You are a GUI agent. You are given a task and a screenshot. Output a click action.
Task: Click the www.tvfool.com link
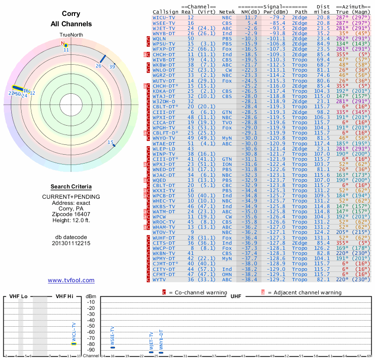click(x=71, y=280)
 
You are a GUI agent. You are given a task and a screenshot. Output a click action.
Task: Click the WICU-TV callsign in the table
click(x=164, y=17)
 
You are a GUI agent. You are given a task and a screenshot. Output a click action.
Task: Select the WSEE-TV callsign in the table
click(x=164, y=22)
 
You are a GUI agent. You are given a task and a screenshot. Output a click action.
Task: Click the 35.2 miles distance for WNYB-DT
click(x=323, y=34)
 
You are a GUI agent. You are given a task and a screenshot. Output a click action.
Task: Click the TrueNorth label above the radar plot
click(x=71, y=35)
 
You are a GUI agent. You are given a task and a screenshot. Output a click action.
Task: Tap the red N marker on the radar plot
click(x=63, y=43)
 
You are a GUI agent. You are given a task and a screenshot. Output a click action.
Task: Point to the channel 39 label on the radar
click(x=112, y=67)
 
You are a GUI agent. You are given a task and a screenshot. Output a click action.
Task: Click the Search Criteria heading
click(x=71, y=187)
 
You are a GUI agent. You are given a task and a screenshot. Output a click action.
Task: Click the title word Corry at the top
click(x=71, y=14)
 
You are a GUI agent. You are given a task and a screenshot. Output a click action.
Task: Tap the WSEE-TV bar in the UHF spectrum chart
click(x=112, y=347)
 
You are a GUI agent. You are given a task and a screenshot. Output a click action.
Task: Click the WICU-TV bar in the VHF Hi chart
click(x=74, y=344)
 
